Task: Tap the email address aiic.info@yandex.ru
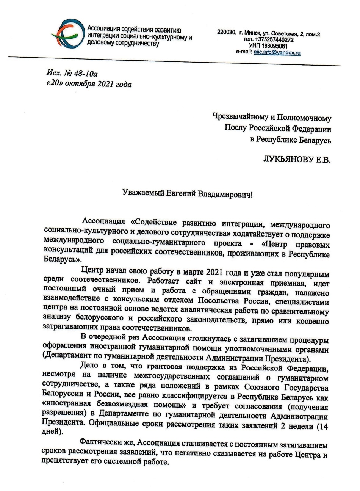[277, 53]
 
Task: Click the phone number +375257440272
[275, 39]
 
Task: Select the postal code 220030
[226, 33]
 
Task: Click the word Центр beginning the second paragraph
[93, 274]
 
